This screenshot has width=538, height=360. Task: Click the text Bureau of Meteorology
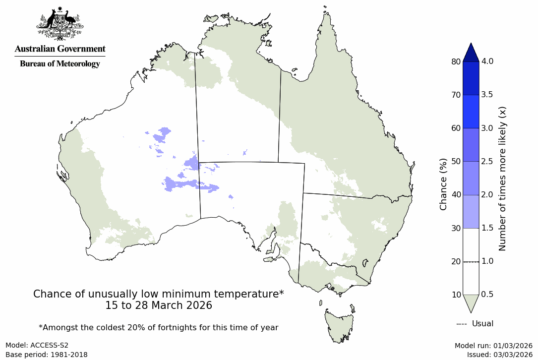point(60,64)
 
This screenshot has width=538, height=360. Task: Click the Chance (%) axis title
point(443,184)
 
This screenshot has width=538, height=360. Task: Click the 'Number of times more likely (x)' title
point(502,178)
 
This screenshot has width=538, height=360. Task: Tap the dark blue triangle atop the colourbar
point(471,52)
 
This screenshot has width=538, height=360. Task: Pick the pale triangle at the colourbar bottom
point(471,302)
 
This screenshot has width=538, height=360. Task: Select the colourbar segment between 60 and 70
point(471,112)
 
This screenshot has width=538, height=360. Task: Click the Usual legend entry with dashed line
point(475,324)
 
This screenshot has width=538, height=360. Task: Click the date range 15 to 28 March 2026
point(158,306)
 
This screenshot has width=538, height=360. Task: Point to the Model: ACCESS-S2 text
point(37,346)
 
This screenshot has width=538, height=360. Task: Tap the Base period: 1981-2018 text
point(47,355)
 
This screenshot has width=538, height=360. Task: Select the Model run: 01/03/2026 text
point(493,346)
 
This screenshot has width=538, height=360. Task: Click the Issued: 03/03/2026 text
point(499,355)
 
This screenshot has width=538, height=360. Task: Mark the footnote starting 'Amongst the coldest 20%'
point(158,328)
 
